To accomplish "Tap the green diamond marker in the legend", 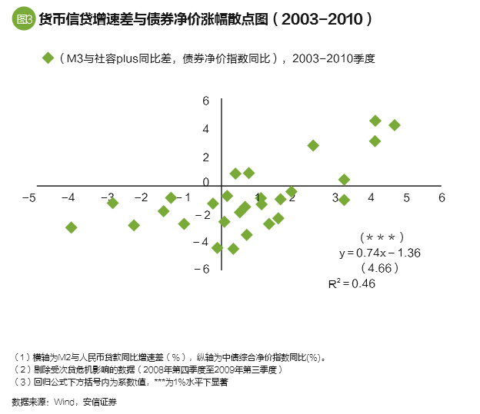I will click(x=47, y=59).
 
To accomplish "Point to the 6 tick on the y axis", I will click(x=205, y=101).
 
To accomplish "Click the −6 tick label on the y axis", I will click(x=202, y=270).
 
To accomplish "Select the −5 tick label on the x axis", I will click(x=30, y=197).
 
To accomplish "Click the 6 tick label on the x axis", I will click(x=442, y=197).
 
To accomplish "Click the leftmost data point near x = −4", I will click(x=72, y=227).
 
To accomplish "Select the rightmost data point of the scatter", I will click(x=395, y=125).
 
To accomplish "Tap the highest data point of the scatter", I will click(x=375, y=121).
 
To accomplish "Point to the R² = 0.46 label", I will click(x=352, y=283).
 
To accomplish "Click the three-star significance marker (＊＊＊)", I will click(x=382, y=237).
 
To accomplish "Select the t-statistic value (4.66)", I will click(x=380, y=268).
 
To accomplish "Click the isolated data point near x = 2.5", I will click(x=313, y=145).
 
